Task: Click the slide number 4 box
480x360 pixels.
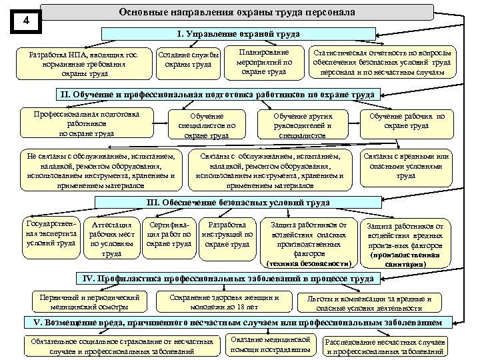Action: pyautogui.click(x=25, y=21)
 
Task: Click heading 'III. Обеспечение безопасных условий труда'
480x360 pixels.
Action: pyautogui.click(x=237, y=203)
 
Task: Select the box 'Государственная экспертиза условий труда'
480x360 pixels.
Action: pyautogui.click(x=50, y=233)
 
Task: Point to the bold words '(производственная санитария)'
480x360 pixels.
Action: pyautogui.click(x=405, y=259)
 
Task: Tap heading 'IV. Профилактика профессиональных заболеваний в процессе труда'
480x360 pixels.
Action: pyautogui.click(x=226, y=278)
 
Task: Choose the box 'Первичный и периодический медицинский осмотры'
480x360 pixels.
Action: pyautogui.click(x=89, y=302)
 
